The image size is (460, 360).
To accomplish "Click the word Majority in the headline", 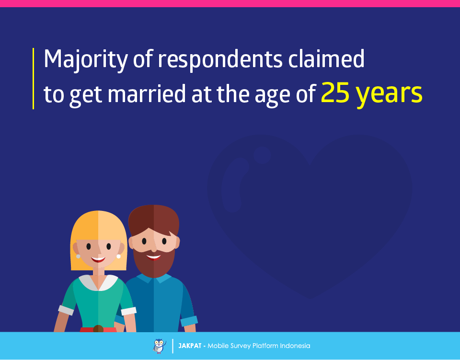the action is click(x=85, y=59).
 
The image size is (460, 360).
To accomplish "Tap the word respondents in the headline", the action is click(x=220, y=60).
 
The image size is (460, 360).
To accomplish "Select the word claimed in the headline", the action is click(x=326, y=58).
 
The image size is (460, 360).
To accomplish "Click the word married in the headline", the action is click(x=147, y=93).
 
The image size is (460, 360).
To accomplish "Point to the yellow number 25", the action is click(x=335, y=93).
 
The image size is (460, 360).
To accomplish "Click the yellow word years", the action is click(x=389, y=95).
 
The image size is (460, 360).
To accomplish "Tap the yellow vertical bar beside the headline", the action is click(x=33, y=78).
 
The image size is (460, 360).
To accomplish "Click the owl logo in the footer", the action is click(x=159, y=346).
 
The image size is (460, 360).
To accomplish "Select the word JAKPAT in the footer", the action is click(x=190, y=346).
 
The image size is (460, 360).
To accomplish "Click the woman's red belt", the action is click(x=98, y=329).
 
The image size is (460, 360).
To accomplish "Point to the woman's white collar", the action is click(x=98, y=282).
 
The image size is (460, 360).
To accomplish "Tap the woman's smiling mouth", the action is click(x=98, y=259).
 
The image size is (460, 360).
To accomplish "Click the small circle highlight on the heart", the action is click(x=262, y=155).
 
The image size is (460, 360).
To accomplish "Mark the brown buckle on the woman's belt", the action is click(x=98, y=329).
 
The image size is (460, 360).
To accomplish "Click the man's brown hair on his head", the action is click(x=154, y=219).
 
